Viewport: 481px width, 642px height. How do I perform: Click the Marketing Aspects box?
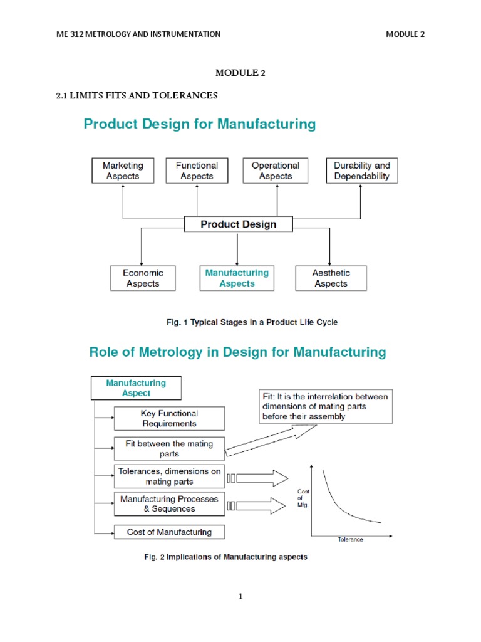click(123, 171)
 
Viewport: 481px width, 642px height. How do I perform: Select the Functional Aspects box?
click(197, 171)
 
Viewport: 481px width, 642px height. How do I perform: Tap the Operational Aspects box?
click(275, 171)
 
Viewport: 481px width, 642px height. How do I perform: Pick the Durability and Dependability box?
click(361, 171)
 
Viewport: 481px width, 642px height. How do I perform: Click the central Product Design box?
click(238, 224)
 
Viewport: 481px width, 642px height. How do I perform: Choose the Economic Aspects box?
click(143, 278)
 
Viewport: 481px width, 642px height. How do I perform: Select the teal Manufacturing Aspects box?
click(237, 278)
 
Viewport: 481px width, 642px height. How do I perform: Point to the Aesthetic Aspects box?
click(331, 278)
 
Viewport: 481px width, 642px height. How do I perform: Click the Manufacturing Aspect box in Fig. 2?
click(136, 388)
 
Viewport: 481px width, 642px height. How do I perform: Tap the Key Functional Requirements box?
click(169, 418)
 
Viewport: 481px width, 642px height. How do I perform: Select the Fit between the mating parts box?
click(169, 448)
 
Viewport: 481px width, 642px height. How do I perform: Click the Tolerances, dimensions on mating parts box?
click(169, 476)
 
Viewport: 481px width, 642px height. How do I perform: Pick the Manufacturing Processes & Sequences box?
click(169, 504)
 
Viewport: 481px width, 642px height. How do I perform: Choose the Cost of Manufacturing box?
click(169, 532)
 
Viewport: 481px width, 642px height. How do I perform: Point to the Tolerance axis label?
click(350, 539)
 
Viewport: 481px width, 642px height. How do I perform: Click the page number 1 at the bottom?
click(240, 597)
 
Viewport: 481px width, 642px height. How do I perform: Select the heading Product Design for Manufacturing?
click(200, 124)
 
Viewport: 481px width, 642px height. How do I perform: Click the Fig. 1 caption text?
click(252, 322)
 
